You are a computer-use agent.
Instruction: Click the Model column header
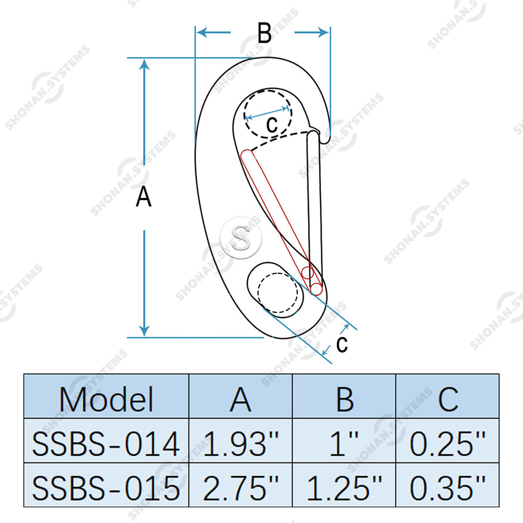pos(106,399)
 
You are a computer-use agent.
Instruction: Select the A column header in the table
pos(241,399)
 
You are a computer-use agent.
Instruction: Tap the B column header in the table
pos(345,399)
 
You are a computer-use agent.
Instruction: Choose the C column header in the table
pos(448,399)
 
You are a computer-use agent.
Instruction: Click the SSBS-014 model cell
pos(106,444)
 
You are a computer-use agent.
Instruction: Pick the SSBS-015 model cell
pos(106,488)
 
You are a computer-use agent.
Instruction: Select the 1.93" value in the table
pos(241,443)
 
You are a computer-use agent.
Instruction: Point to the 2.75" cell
pos(241,488)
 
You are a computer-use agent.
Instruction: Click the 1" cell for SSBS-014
pos(344,443)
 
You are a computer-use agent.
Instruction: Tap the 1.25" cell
pos(344,488)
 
